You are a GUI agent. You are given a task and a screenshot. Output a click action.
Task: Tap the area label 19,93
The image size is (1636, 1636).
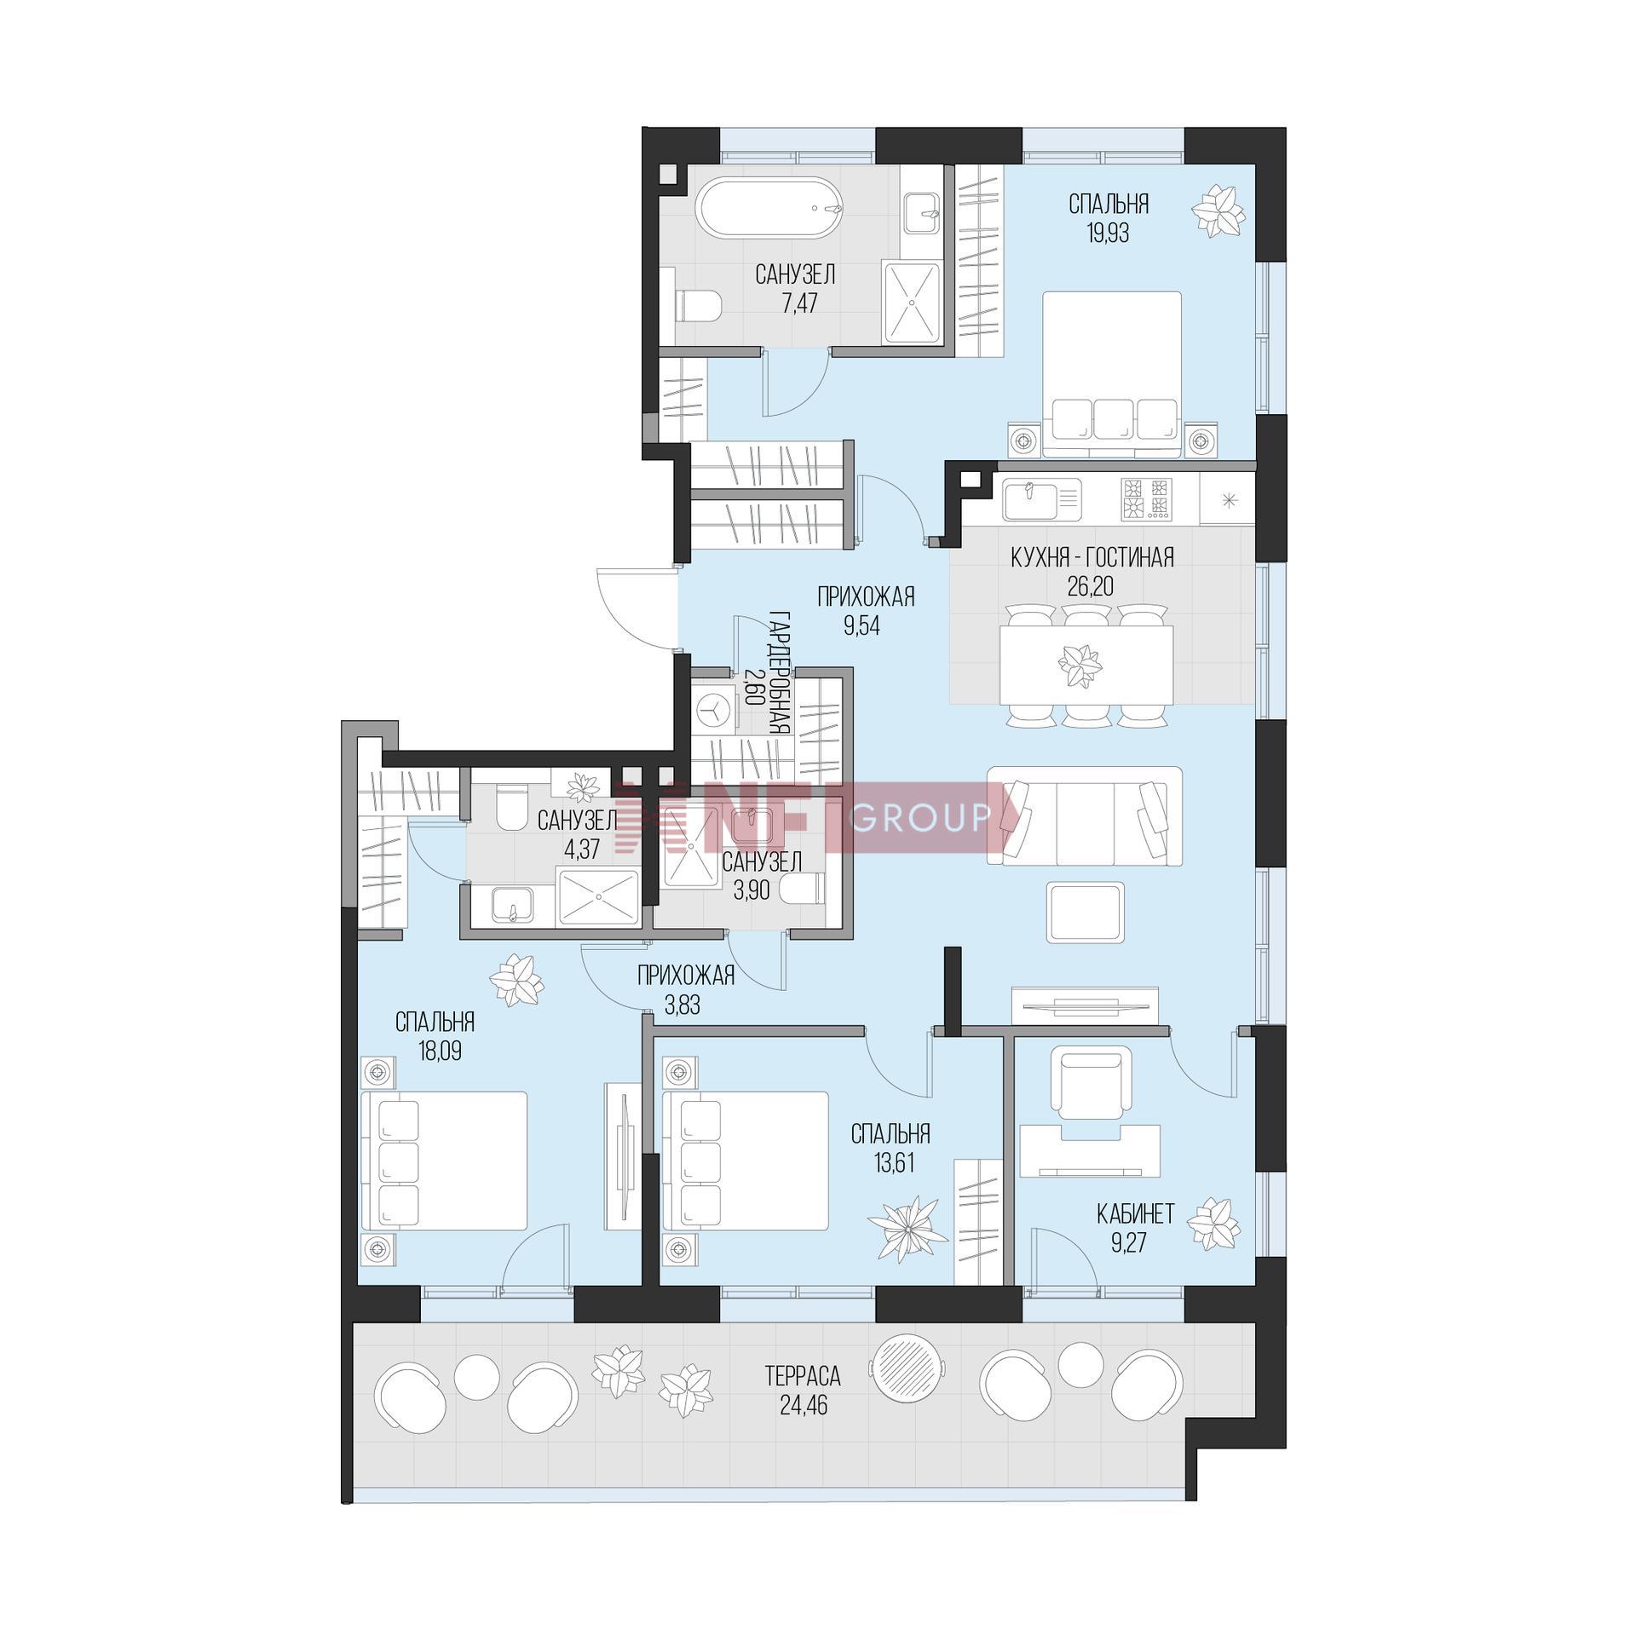(1108, 233)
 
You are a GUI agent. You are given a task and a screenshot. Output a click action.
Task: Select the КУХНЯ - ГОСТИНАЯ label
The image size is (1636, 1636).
(1092, 558)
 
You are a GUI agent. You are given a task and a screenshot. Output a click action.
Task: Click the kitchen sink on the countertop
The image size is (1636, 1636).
(1041, 500)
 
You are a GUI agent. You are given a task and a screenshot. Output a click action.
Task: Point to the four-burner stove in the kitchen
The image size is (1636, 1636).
(1146, 499)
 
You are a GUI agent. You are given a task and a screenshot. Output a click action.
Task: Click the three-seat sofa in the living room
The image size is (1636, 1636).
(1084, 816)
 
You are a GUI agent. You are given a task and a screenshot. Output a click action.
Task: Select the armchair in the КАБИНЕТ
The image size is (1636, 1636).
(1094, 1082)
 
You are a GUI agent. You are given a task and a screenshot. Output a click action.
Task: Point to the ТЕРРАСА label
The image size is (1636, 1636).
(803, 1375)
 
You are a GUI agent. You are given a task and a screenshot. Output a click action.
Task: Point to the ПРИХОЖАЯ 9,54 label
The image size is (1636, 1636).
(866, 611)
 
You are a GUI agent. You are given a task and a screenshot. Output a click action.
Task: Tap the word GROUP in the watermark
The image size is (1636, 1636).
(920, 819)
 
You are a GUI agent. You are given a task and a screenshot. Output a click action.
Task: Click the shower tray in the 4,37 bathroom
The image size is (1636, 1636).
(597, 896)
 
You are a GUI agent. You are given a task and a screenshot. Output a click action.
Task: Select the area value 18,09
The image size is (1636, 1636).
(440, 1051)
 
